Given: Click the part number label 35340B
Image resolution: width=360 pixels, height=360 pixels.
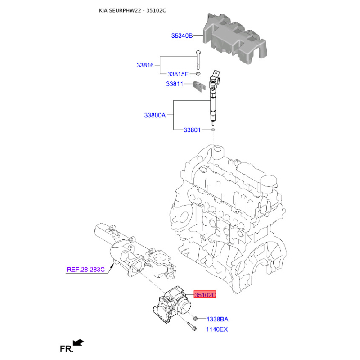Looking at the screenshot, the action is [x=182, y=36].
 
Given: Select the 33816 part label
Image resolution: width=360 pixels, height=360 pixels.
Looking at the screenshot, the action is [x=145, y=65].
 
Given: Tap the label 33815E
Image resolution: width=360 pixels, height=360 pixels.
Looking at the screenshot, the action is [x=178, y=74].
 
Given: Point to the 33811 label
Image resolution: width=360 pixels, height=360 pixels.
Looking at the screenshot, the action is [x=175, y=84].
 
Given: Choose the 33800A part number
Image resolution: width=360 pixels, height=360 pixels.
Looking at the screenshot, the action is [x=155, y=115].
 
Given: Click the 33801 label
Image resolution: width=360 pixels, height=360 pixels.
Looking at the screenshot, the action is [x=192, y=130].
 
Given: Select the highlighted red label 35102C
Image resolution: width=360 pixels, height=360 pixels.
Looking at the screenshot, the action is [x=205, y=295].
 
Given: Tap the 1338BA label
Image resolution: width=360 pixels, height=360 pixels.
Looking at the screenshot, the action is [x=217, y=319].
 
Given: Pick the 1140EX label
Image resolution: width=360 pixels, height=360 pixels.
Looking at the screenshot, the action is [x=217, y=329].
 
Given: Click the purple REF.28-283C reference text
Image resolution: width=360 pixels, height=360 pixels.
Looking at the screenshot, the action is [x=85, y=269].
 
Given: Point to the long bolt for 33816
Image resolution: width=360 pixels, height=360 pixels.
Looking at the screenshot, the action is [x=198, y=59].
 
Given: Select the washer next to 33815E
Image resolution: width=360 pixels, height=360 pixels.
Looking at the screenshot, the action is [x=198, y=74].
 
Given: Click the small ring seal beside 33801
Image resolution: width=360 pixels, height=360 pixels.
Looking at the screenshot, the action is [x=213, y=130].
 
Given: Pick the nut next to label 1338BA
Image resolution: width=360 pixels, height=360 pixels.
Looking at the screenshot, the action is [x=195, y=319].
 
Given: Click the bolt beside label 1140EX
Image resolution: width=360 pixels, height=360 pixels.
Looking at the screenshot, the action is [x=192, y=326].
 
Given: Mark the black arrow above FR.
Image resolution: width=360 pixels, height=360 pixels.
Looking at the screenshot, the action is [x=78, y=342].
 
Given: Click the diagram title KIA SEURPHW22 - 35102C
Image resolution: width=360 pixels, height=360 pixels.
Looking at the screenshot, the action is [x=132, y=10].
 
